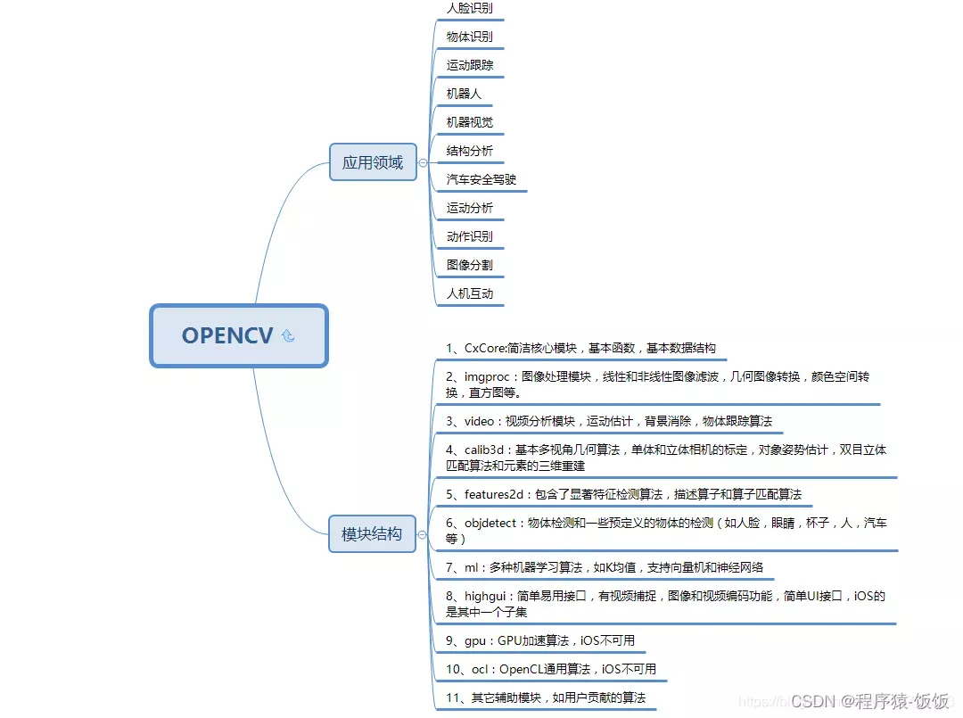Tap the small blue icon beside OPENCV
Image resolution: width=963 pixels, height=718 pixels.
click(x=288, y=336)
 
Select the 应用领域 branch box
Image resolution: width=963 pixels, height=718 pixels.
click(x=373, y=162)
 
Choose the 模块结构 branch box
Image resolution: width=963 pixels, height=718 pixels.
click(x=372, y=534)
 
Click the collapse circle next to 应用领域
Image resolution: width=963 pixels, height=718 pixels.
click(x=423, y=163)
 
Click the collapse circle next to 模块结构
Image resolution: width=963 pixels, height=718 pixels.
click(x=422, y=535)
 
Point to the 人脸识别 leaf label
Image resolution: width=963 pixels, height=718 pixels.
click(x=469, y=8)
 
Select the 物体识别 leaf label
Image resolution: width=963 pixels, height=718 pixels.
click(x=469, y=37)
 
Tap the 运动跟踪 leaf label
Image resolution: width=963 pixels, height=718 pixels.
click(x=469, y=65)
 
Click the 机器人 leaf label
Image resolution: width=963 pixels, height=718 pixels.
click(x=464, y=94)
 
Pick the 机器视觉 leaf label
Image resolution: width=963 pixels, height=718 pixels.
click(x=469, y=122)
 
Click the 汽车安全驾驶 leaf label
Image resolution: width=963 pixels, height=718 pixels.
click(x=481, y=179)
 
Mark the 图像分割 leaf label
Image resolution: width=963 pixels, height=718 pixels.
click(x=469, y=265)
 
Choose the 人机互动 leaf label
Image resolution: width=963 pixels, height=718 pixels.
click(x=469, y=293)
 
